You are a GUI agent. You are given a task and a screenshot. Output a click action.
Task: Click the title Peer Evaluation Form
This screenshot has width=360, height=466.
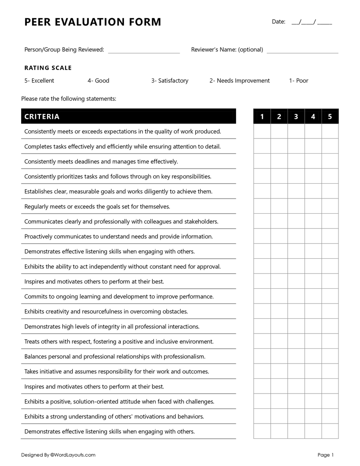(93, 22)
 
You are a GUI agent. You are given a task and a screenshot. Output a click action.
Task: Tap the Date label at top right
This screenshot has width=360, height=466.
(278, 22)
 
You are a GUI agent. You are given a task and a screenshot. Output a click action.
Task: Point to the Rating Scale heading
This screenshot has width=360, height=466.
(48, 68)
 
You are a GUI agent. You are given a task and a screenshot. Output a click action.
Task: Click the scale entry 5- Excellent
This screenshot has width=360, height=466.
(39, 81)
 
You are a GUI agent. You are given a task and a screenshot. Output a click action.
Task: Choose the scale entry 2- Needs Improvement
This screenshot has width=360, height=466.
(240, 81)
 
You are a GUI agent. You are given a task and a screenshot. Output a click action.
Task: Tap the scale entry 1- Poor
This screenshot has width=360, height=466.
(299, 81)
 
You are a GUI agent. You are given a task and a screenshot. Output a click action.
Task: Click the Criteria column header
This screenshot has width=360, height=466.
(42, 116)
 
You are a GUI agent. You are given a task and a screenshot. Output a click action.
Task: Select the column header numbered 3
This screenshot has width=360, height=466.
(296, 116)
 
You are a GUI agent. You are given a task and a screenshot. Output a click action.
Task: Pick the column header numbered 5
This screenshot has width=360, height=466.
(330, 116)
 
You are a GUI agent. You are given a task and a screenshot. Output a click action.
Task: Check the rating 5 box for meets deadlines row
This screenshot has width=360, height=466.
(330, 161)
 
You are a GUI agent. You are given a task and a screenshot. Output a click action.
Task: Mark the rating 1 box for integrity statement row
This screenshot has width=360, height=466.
(262, 326)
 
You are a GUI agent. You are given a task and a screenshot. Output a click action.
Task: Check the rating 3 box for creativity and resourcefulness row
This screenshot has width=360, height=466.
(296, 311)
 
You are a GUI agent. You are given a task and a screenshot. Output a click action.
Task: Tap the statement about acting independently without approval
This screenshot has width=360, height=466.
(122, 266)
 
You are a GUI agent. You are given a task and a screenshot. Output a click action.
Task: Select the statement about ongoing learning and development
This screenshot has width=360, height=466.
(119, 296)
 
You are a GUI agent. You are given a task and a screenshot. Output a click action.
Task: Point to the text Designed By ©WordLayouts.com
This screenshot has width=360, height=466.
(58, 455)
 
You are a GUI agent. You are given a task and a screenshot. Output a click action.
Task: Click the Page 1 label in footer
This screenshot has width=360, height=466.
(325, 455)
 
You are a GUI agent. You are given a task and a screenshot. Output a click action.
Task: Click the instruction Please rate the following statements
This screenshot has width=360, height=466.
(69, 98)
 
